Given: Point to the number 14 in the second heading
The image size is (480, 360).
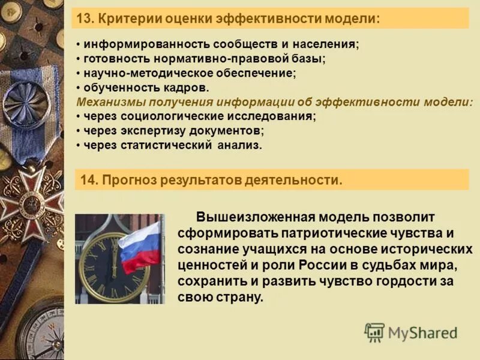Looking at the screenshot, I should click(88, 180).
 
